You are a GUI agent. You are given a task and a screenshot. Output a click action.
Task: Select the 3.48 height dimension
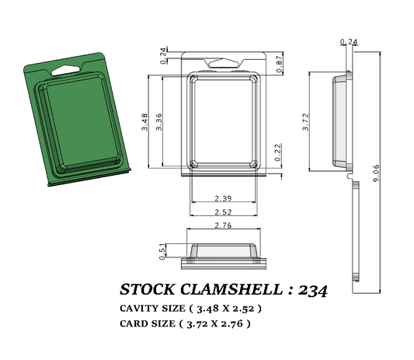(x=145, y=121)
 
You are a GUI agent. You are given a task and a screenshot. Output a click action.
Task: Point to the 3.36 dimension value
(x=158, y=121)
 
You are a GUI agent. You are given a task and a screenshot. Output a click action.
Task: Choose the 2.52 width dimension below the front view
(x=224, y=212)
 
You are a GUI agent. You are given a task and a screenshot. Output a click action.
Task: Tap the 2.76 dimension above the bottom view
(x=224, y=225)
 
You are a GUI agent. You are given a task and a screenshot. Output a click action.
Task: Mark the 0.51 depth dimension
(x=162, y=250)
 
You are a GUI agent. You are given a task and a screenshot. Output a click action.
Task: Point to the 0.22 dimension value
(x=279, y=153)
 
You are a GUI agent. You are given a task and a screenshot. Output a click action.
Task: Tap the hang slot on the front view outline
(x=224, y=61)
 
